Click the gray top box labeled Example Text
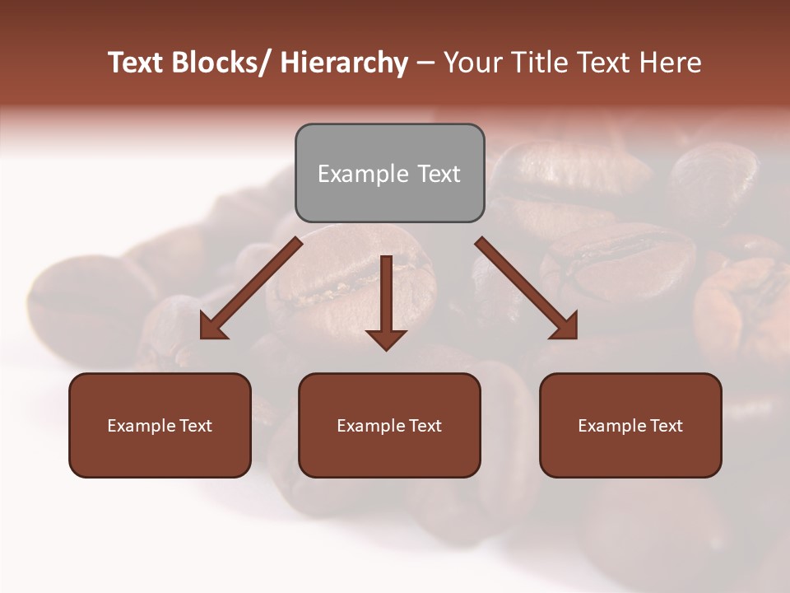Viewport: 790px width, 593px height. pyautogui.click(x=389, y=173)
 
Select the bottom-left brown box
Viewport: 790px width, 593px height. pyautogui.click(x=160, y=425)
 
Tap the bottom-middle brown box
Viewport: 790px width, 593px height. pyautogui.click(x=389, y=425)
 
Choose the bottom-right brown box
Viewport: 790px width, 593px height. pyautogui.click(x=630, y=425)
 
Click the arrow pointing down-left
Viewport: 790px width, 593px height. pyautogui.click(x=251, y=288)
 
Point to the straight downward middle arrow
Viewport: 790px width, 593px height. pyautogui.click(x=386, y=296)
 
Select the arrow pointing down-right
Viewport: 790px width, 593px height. pyautogui.click(x=527, y=288)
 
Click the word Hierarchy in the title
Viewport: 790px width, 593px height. pyautogui.click(x=344, y=63)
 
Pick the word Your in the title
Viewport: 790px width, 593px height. pyautogui.click(x=472, y=63)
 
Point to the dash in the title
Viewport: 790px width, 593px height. pyautogui.click(x=425, y=63)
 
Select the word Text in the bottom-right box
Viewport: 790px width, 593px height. pyautogui.click(x=665, y=426)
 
